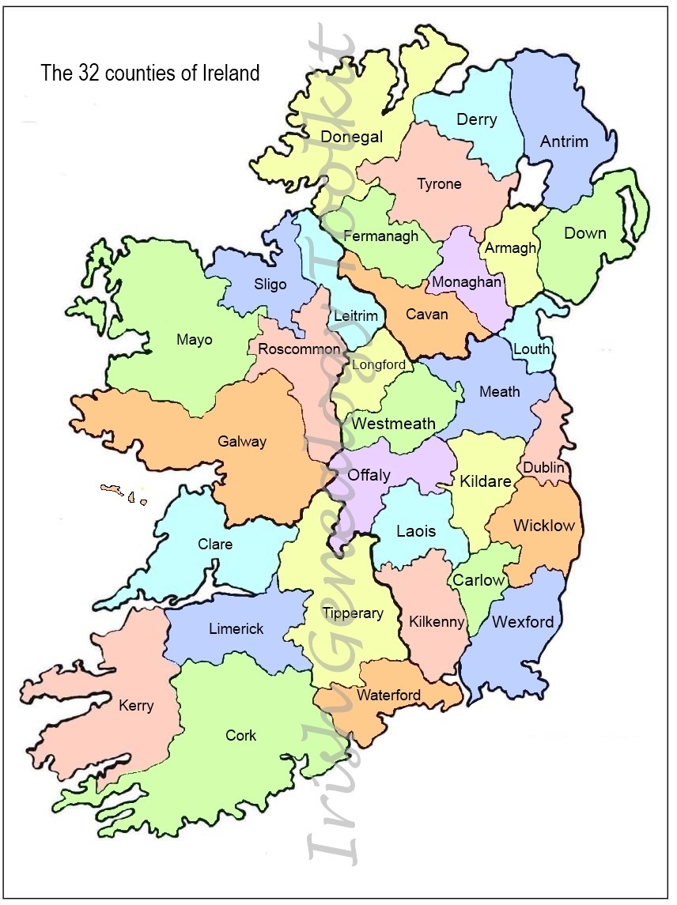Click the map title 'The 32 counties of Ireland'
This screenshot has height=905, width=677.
point(150,74)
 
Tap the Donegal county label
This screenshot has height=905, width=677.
point(351,137)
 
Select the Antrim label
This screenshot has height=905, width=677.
point(564,141)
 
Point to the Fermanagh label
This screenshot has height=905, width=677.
point(380,236)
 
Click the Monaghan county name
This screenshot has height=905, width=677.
point(467,282)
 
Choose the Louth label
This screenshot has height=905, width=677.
point(531,349)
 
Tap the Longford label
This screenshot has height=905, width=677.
point(379,365)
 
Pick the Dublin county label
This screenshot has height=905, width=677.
point(543,467)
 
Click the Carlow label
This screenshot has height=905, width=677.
point(478,580)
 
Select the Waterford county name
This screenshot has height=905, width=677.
point(388,695)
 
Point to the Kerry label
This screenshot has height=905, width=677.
point(135,705)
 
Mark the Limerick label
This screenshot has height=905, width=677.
point(236,628)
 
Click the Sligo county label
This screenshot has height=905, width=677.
point(270,284)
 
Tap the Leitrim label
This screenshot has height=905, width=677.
point(356,315)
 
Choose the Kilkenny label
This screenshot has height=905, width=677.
point(436,622)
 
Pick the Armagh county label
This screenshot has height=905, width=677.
point(510,247)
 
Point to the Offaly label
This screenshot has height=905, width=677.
point(369,475)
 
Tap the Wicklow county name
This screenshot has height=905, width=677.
point(543,526)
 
